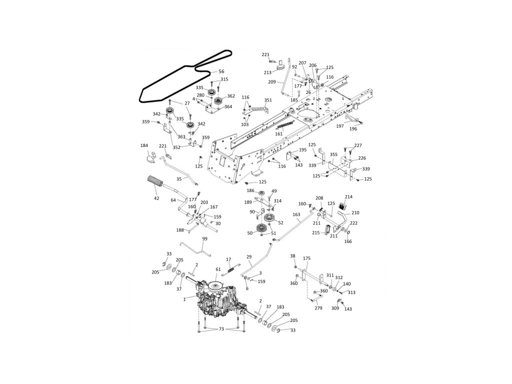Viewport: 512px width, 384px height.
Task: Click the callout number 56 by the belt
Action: (221, 71)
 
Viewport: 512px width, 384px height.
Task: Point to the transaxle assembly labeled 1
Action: (220, 300)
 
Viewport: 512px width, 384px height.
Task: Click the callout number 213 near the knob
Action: (268, 72)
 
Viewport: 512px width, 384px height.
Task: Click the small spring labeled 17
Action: (231, 269)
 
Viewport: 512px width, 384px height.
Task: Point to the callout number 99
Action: (204, 239)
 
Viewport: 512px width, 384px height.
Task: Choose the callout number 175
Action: (307, 258)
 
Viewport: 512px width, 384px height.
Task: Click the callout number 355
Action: (333, 155)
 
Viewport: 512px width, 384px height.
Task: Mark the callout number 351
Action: (268, 100)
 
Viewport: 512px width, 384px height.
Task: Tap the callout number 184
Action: (144, 145)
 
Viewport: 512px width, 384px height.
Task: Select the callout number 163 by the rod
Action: (296, 214)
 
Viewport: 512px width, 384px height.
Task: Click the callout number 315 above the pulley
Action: (224, 79)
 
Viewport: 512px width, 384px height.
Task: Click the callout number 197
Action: (340, 126)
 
